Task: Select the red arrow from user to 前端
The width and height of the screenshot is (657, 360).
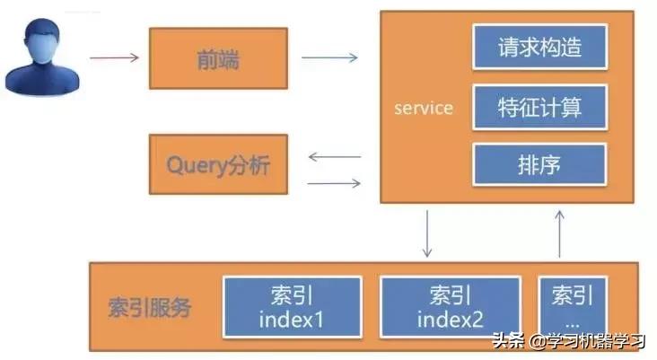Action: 115,58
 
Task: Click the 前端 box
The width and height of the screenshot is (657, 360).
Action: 218,59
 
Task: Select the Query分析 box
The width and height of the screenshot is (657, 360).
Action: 218,164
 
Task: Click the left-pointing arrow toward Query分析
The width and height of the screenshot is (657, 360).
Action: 334,157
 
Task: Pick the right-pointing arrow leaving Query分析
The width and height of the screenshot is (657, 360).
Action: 334,183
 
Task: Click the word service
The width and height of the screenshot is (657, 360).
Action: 424,109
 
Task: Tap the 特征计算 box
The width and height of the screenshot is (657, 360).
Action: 539,108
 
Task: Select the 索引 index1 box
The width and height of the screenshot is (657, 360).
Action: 292,307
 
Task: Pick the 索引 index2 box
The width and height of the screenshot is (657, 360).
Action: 450,307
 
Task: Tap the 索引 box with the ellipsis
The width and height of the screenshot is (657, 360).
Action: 573,307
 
